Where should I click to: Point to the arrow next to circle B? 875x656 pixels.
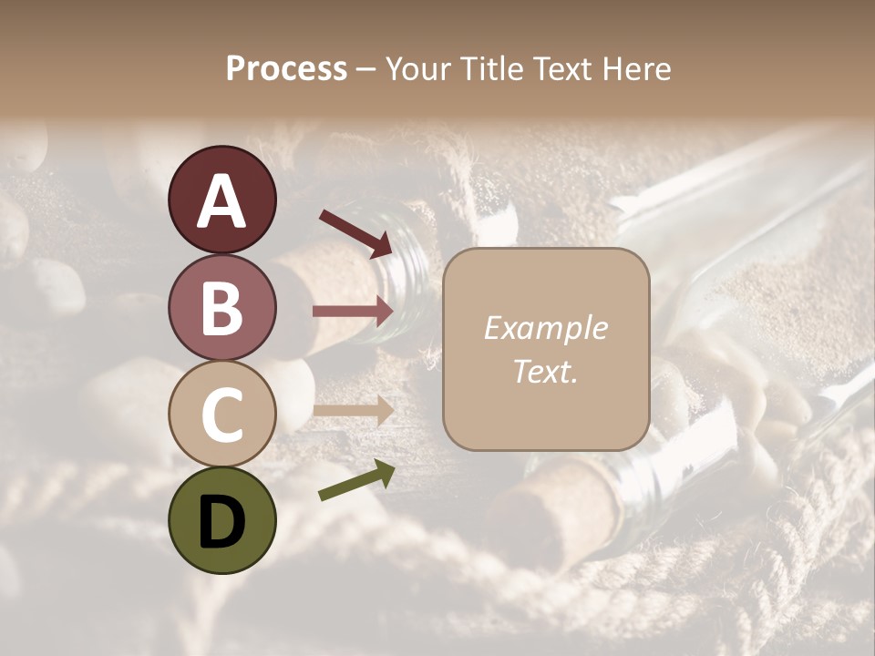353,311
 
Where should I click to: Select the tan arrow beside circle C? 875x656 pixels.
353,411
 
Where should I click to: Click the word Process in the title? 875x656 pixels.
286,69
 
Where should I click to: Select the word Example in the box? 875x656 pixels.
545,328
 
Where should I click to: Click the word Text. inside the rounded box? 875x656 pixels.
545,371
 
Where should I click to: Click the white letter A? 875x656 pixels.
221,202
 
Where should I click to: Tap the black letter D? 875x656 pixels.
221,524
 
